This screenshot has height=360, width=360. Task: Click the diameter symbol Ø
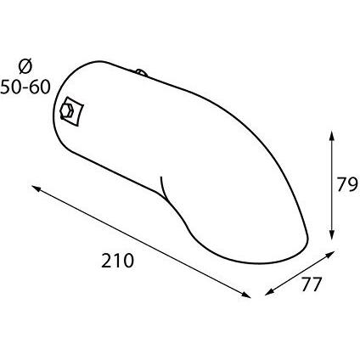(25, 67)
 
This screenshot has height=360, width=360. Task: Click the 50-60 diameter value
(25, 87)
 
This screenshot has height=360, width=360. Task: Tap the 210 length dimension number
(117, 261)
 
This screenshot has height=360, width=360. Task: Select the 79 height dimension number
(347, 185)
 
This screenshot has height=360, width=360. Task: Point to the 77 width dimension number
(312, 284)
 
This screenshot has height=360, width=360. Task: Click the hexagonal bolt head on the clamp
(67, 110)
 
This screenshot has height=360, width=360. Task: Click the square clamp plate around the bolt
(72, 112)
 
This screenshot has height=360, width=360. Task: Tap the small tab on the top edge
(141, 72)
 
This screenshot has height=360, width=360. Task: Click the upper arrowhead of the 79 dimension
(332, 137)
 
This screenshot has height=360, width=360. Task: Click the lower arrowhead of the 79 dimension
(332, 234)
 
